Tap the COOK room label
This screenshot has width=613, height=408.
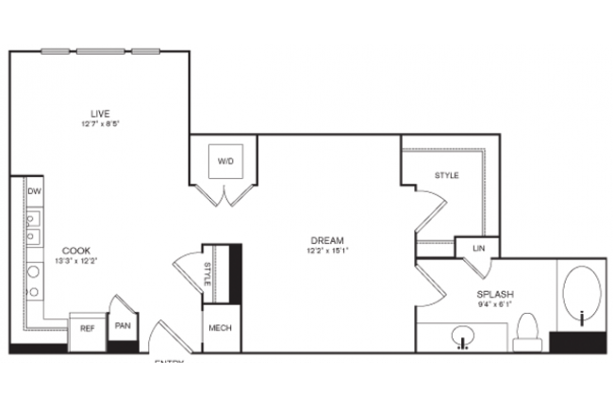[x=77, y=250]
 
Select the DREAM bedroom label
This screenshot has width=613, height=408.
[x=325, y=239]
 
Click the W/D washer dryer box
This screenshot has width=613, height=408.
[x=225, y=162]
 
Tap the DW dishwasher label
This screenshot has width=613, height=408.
[x=35, y=191]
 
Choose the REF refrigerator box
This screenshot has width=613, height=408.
[x=87, y=330]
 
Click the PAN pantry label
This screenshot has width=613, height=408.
[x=123, y=326]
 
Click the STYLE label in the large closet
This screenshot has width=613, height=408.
[x=446, y=175]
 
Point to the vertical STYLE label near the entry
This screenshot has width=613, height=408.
[x=207, y=274]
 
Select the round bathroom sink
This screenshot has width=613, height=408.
[x=462, y=335]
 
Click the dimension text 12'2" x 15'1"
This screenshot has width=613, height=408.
[x=325, y=251]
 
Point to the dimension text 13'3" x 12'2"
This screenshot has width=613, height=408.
[x=77, y=260]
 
